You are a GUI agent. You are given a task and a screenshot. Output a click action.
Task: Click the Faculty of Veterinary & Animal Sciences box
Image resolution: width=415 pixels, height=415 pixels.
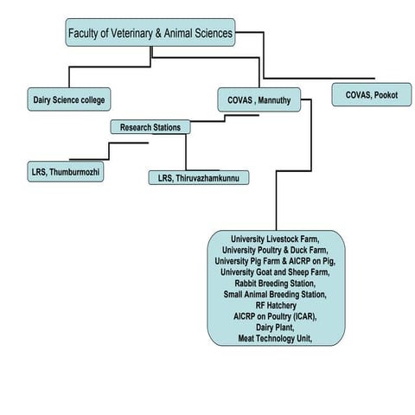pyautogui.click(x=150, y=33)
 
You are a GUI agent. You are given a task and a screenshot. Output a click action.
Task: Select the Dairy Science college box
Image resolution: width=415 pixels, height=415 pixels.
pyautogui.click(x=69, y=99)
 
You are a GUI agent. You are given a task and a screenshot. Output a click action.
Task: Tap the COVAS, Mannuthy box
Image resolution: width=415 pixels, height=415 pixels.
pyautogui.click(x=259, y=99)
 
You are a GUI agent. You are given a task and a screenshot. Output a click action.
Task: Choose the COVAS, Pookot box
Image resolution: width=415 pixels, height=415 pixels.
pyautogui.click(x=372, y=94)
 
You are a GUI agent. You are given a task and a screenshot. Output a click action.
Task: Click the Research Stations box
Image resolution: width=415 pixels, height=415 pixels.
pyautogui.click(x=150, y=127)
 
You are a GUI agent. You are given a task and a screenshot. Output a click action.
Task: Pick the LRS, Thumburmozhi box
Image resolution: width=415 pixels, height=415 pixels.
pyautogui.click(x=66, y=172)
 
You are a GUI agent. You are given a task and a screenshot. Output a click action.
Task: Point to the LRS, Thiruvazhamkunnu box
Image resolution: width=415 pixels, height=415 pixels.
pyautogui.click(x=199, y=178)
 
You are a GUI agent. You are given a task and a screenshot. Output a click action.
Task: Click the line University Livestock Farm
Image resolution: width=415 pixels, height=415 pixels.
pyautogui.click(x=275, y=239)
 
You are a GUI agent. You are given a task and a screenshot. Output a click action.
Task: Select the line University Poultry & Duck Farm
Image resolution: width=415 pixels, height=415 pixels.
pyautogui.click(x=275, y=250)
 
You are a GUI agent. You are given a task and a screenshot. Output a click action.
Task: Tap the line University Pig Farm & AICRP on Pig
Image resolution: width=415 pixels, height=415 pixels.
pyautogui.click(x=275, y=261)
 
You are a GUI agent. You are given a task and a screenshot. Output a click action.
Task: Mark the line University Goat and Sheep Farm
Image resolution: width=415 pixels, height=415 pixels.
pyautogui.click(x=275, y=272)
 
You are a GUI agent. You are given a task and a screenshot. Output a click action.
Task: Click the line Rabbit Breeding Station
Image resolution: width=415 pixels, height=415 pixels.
pyautogui.click(x=275, y=284)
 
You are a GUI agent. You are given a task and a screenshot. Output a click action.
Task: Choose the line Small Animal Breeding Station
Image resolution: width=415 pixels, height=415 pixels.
pyautogui.click(x=275, y=294)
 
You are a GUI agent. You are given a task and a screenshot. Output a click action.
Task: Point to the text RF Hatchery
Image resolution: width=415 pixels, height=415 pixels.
pyautogui.click(x=276, y=305)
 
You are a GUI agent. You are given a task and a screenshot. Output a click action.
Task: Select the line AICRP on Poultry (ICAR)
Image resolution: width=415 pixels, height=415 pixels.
pyautogui.click(x=275, y=316)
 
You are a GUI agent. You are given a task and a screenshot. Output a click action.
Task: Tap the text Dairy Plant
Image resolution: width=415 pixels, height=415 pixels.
pyautogui.click(x=275, y=328)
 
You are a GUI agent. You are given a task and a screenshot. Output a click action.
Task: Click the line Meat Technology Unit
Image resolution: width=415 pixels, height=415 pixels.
pyautogui.click(x=275, y=338)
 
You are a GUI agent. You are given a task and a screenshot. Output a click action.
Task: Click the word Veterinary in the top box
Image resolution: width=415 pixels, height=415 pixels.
pyautogui.click(x=131, y=33)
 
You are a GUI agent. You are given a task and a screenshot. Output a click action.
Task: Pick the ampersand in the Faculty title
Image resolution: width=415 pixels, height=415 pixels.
pyautogui.click(x=158, y=33)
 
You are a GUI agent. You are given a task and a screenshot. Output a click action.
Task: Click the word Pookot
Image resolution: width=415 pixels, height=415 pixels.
pyautogui.click(x=386, y=95)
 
